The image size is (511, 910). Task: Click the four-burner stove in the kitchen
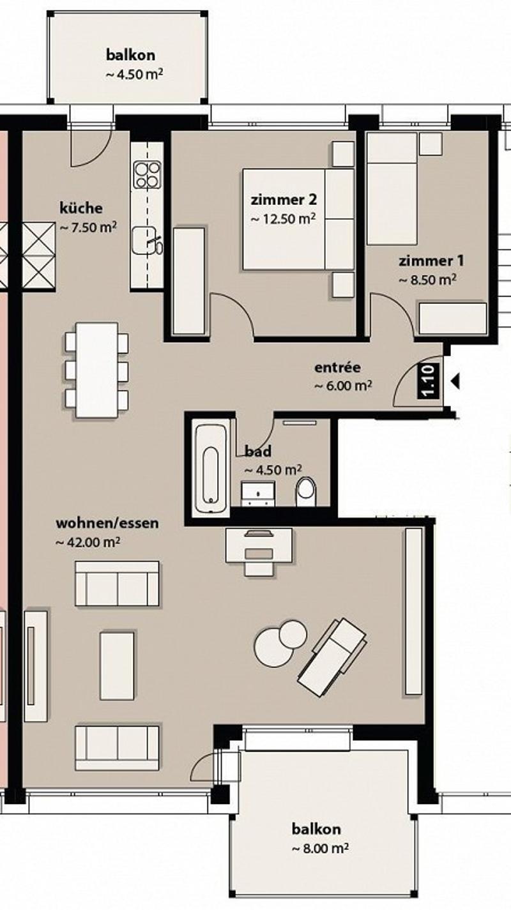coord(148,175)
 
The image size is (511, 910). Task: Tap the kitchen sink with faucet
coord(147,239)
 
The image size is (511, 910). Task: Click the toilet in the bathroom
coord(305,492)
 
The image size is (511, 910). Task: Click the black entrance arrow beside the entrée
coord(455,381)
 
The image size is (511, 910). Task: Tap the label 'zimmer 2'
coord(284,200)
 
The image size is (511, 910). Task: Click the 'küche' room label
coord(81,209)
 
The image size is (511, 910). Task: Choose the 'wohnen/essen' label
coord(107,523)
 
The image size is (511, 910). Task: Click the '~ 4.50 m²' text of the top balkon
coord(134,75)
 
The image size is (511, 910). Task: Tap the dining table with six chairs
coord(96,370)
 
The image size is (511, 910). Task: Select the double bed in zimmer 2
coord(298,220)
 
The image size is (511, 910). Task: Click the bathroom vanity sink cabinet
coord(258,493)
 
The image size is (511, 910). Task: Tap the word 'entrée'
coord(337,368)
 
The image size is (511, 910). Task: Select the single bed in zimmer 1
coord(392,189)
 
